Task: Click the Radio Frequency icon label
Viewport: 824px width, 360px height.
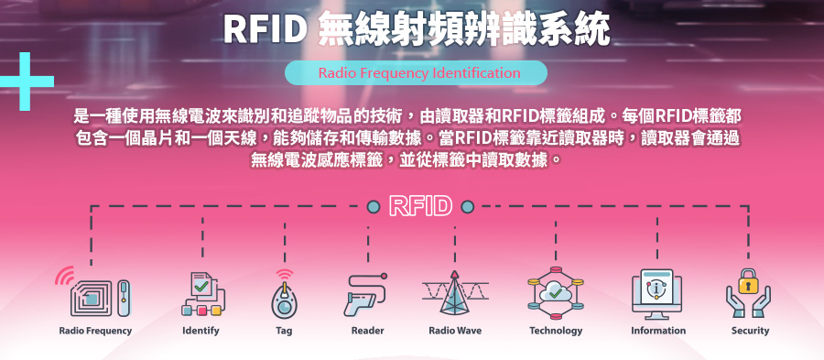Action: [x=95, y=331]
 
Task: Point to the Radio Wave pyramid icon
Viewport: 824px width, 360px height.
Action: [x=455, y=294]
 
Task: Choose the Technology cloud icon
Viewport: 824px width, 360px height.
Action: [x=556, y=293]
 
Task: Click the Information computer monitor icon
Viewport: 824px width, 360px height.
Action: [x=657, y=293]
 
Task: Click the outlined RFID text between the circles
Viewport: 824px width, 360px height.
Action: [x=420, y=206]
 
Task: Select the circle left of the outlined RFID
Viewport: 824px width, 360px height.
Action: [x=373, y=206]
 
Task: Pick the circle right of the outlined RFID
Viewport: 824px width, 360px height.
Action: [x=467, y=206]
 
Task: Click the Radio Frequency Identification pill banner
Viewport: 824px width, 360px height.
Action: [x=416, y=73]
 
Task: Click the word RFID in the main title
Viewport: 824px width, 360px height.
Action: [x=265, y=30]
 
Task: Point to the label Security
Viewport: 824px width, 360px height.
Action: [x=750, y=331]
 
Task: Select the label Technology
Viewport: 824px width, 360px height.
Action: [x=556, y=331]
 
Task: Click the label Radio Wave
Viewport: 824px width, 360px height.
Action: [x=455, y=331]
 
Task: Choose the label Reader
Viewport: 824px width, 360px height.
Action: [x=367, y=331]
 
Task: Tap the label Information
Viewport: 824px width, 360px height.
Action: [x=657, y=331]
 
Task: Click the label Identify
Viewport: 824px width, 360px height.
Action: [x=201, y=331]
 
